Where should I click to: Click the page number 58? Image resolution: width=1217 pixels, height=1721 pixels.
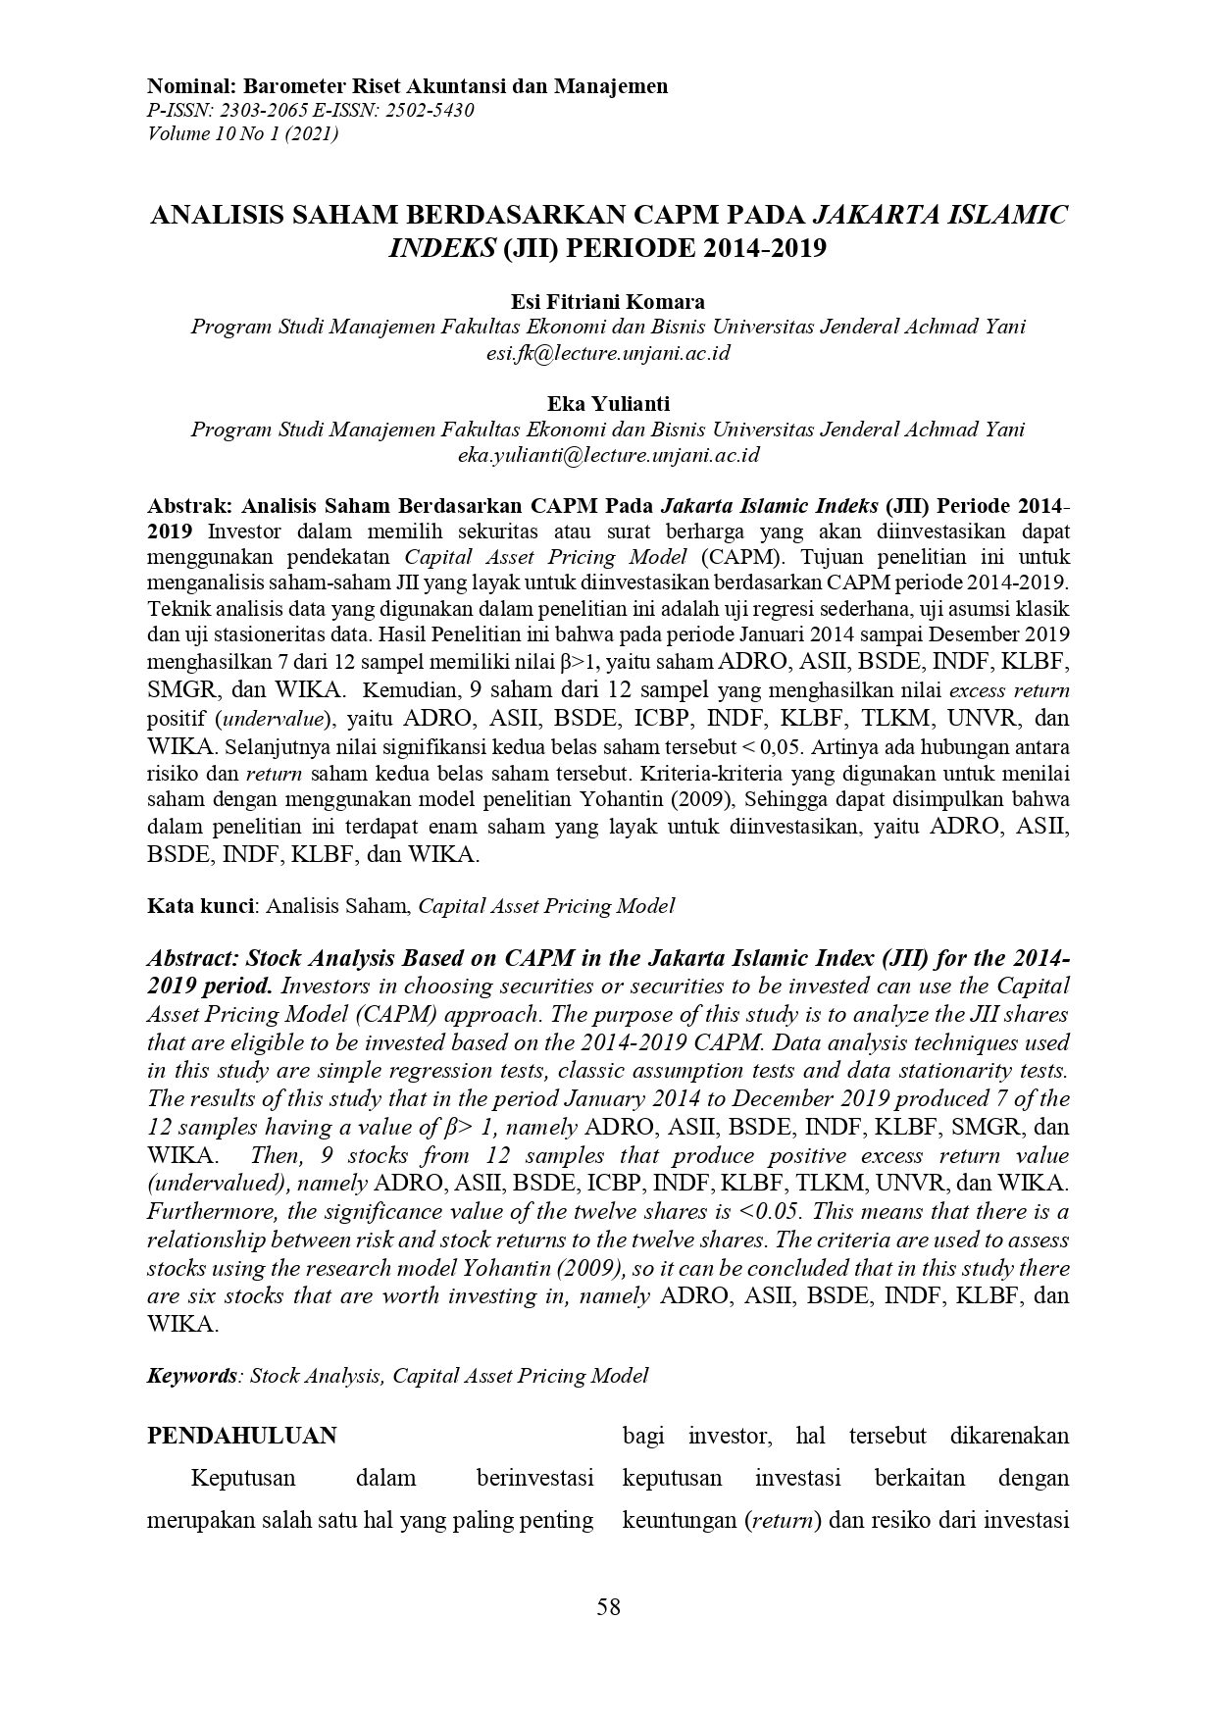[x=608, y=1606]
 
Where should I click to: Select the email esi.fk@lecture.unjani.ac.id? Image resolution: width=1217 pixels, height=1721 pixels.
[x=608, y=353]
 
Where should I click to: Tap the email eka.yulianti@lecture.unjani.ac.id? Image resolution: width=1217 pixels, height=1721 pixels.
[x=608, y=455]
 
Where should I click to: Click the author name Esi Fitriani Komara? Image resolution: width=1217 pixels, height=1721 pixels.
[x=608, y=301]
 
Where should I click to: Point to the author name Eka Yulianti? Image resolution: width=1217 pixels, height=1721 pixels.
[x=608, y=403]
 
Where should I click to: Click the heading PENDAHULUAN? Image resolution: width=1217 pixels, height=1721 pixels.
[x=241, y=1436]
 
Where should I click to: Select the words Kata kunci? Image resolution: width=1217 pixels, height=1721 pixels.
[x=200, y=906]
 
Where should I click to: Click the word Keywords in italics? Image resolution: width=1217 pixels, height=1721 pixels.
[x=191, y=1376]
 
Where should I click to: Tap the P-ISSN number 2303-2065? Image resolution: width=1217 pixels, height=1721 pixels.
[x=258, y=110]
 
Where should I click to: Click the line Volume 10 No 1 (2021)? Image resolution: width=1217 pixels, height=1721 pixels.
[x=242, y=133]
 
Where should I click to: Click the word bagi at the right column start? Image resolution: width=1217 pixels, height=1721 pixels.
[x=643, y=1436]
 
